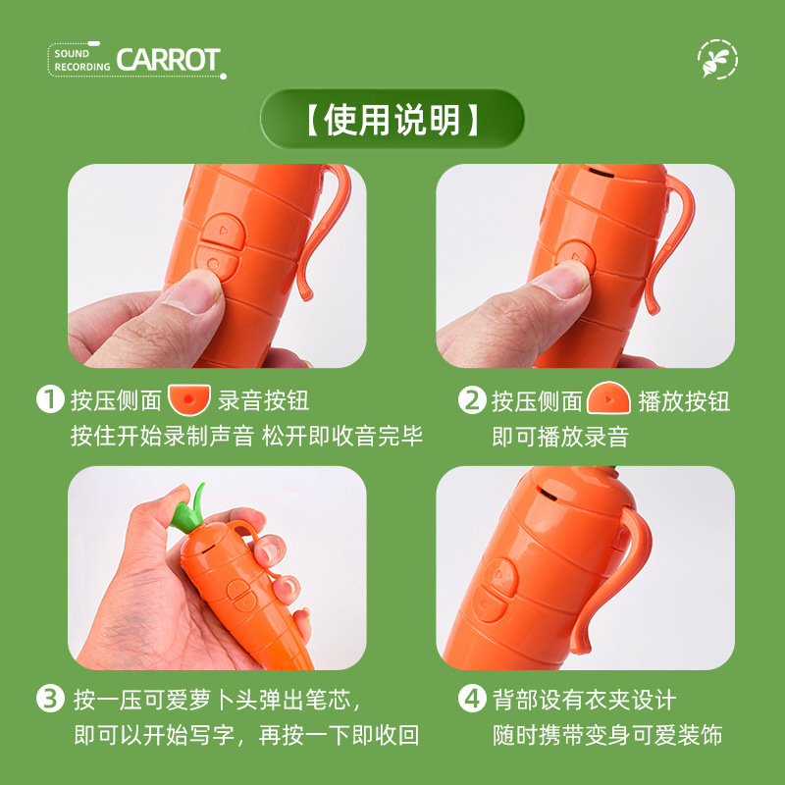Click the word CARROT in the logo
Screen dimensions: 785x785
[x=168, y=59]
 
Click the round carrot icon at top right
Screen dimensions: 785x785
[x=717, y=60]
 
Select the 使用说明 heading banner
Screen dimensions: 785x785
[x=392, y=121]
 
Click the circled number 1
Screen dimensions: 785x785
[x=49, y=399]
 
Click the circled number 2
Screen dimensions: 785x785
[x=472, y=399]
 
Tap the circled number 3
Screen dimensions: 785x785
[x=49, y=700]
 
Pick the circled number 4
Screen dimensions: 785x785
[x=472, y=700]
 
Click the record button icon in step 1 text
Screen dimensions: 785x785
[x=189, y=399]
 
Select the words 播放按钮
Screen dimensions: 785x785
[x=684, y=400]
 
